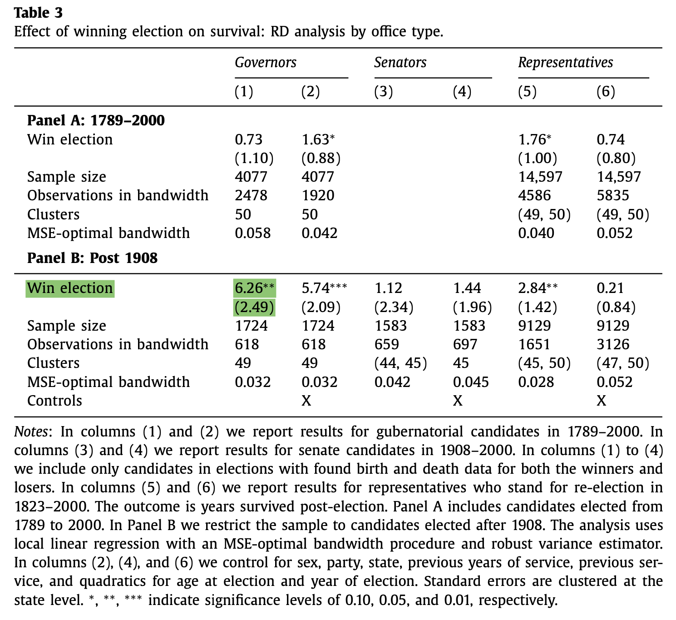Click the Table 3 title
[x=38, y=13]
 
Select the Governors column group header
[x=266, y=62]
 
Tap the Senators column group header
[x=400, y=62]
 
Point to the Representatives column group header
[x=565, y=62]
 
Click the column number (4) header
[x=462, y=92]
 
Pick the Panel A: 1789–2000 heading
[x=96, y=120]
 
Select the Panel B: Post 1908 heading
[x=92, y=258]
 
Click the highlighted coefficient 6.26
[x=249, y=288]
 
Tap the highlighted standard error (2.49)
[x=254, y=308]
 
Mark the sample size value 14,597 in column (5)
[x=540, y=177]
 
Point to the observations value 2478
[x=251, y=195]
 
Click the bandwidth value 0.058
[x=252, y=233]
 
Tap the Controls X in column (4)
[x=458, y=401]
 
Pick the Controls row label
[x=54, y=401]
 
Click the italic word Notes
[x=30, y=431]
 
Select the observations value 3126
[x=613, y=344]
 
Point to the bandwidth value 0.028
[x=536, y=382]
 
